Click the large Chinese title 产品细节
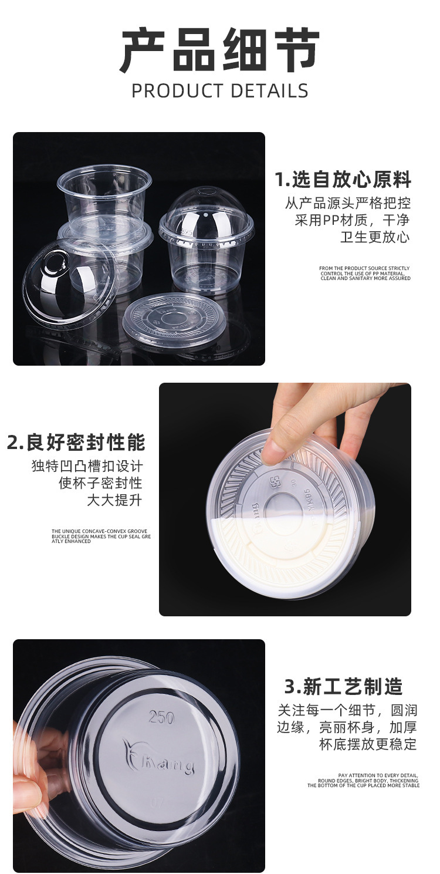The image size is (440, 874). (x=219, y=52)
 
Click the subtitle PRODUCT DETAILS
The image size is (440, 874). (x=219, y=91)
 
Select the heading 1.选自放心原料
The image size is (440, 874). (x=343, y=179)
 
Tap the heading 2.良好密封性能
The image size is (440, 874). (x=76, y=442)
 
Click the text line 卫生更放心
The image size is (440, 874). (x=375, y=237)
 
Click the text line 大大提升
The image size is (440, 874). (x=114, y=500)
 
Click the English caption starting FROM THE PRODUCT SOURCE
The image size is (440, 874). (x=365, y=273)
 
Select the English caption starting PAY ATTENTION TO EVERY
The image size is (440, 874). (x=364, y=780)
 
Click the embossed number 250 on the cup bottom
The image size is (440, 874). (x=162, y=717)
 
